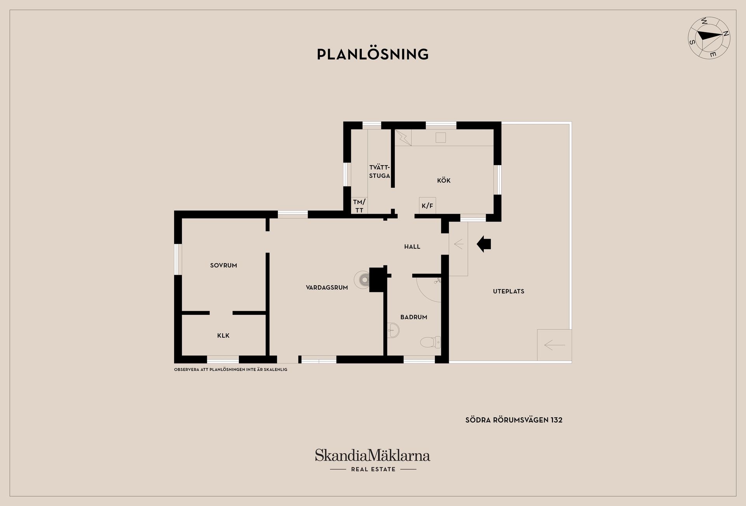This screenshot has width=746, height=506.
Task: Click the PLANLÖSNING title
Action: pos(373,54)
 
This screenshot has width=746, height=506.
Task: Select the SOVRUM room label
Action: pos(223,265)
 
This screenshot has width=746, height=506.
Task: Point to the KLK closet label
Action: pos(223,335)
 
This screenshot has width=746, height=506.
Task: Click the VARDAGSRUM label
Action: pos(327,288)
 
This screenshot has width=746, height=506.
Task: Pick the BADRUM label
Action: pos(414,317)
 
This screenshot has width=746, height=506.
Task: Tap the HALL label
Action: pos(412,246)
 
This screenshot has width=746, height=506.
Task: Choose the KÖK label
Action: pos(444,180)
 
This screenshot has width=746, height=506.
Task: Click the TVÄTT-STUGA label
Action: pos(380,171)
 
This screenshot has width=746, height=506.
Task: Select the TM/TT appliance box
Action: pos(359,206)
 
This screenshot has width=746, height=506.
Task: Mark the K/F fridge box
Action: pos(427,206)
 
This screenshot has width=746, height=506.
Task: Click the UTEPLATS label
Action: pos(509,291)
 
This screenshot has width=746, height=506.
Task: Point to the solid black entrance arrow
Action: pos(484,244)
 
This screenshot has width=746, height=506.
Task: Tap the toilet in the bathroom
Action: pos(431,342)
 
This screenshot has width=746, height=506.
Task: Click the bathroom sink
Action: pos(393,330)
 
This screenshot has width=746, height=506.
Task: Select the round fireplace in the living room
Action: pos(362,279)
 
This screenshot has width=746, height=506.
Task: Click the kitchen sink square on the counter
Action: pos(441,138)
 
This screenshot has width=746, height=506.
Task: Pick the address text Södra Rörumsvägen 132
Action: pos(514,420)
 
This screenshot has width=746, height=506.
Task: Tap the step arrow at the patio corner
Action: pos(554,345)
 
